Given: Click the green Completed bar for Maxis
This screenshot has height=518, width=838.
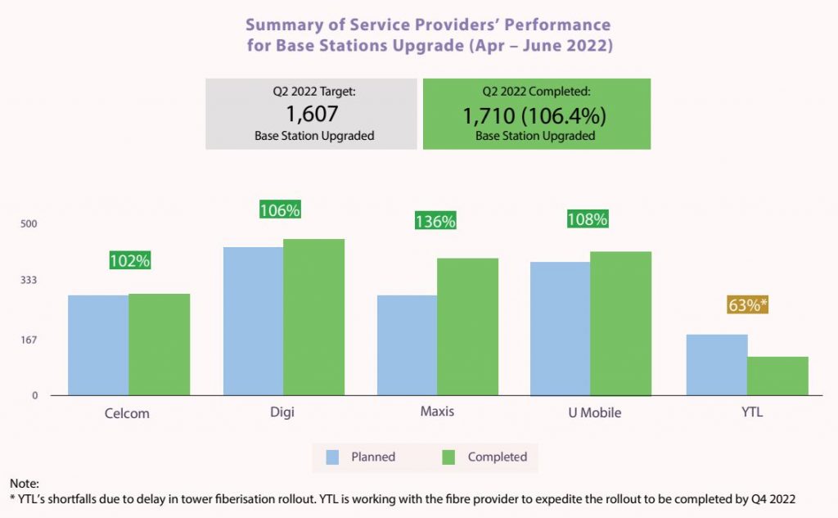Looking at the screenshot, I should [467, 327].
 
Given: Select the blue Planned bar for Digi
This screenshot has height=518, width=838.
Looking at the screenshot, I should [253, 322].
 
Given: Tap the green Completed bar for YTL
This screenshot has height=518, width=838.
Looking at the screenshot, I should [777, 376].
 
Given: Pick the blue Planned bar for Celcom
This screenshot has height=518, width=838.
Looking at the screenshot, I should [97, 345].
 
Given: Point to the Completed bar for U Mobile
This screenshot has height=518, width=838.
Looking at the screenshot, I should [620, 324].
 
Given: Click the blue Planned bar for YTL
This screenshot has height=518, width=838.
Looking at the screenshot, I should [716, 365].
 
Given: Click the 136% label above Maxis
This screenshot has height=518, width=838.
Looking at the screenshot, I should [435, 221].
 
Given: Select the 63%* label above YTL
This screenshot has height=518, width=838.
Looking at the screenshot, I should [747, 305].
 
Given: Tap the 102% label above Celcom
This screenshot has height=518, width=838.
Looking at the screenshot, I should [129, 261].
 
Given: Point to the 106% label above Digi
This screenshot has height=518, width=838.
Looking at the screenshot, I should [280, 210].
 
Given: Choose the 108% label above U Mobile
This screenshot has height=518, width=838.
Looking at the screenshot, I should [588, 219].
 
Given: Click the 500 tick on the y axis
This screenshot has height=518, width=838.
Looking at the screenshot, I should [29, 223].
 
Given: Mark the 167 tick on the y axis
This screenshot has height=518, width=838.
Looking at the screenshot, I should [29, 339].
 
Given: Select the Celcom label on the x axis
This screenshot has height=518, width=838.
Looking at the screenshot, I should [127, 412].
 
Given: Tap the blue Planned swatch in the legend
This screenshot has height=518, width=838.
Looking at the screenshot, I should [333, 457].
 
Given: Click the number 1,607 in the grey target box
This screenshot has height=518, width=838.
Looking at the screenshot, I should [313, 115].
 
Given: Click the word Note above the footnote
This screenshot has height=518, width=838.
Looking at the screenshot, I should [24, 484].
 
